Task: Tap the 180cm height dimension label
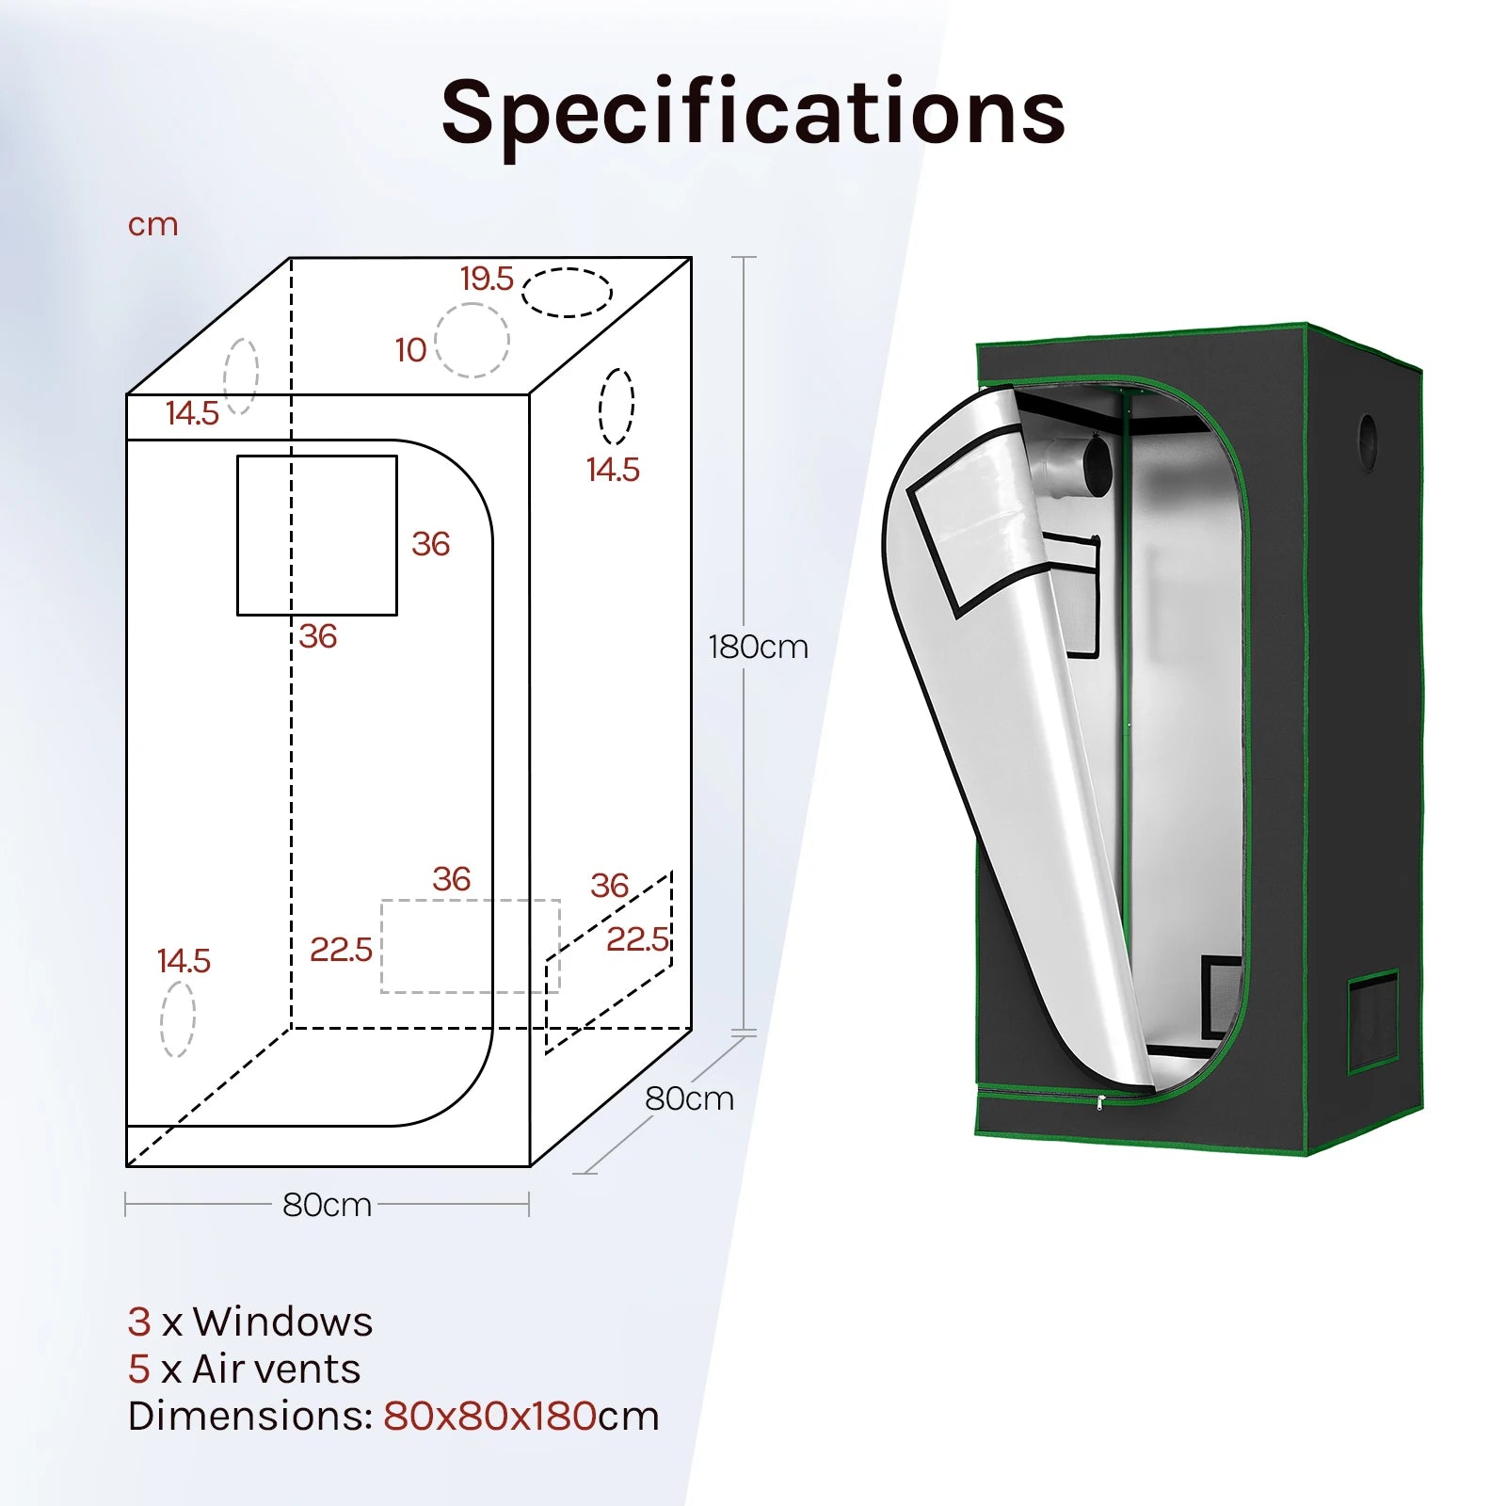[x=758, y=647]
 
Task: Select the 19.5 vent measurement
[x=487, y=279]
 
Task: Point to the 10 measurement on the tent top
[x=410, y=350]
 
